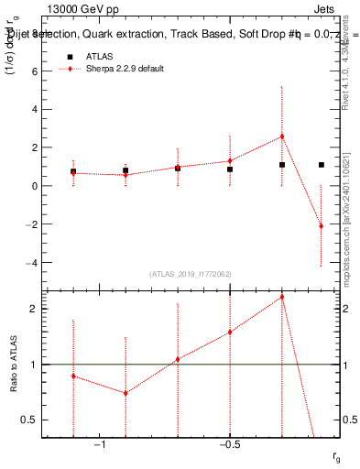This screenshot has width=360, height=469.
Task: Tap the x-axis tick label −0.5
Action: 229,444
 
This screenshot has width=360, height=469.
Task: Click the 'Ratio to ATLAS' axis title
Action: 14,364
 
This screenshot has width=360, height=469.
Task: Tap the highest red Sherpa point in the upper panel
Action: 282,136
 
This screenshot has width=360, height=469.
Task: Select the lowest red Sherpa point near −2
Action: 321,225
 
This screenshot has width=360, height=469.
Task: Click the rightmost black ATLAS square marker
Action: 321,165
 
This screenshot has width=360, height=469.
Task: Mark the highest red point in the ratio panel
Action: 282,297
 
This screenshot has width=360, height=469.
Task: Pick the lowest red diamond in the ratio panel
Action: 125,393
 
